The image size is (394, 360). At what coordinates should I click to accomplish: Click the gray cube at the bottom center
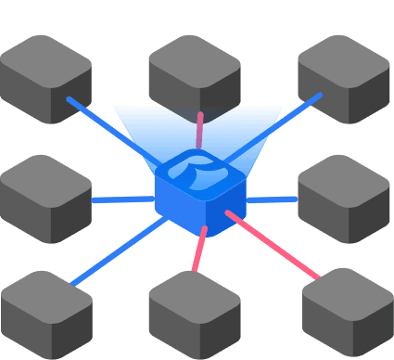tap(195, 312)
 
